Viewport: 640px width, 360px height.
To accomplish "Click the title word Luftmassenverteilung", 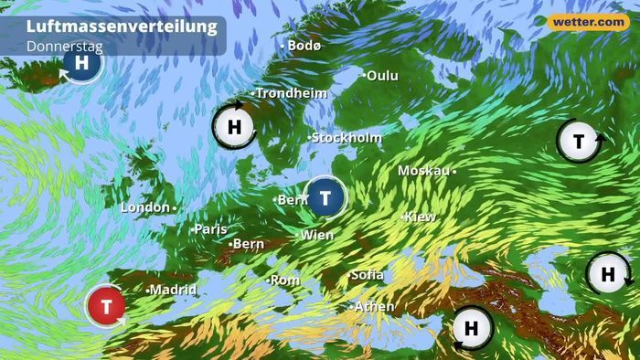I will click(x=122, y=26).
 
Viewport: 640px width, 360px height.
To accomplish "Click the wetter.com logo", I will click(x=588, y=21).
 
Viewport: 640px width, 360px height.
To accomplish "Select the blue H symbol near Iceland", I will click(x=82, y=63).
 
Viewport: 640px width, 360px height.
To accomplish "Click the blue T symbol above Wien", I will click(x=325, y=198).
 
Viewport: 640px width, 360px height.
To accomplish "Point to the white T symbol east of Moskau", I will click(x=579, y=141).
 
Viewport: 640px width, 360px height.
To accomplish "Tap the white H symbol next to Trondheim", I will click(x=234, y=127).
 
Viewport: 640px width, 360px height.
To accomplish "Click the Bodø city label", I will click(x=304, y=45).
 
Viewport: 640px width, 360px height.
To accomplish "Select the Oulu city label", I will click(x=382, y=76).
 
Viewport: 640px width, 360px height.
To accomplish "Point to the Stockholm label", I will click(x=347, y=138).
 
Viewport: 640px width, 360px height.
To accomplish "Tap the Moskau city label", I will click(x=424, y=171).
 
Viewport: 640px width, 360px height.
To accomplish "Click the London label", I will click(x=146, y=207).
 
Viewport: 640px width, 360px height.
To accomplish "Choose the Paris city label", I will click(x=211, y=228).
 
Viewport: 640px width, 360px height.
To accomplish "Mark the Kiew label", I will click(x=421, y=217).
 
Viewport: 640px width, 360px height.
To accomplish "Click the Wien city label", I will click(x=317, y=235).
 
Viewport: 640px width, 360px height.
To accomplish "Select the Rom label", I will click(x=285, y=280).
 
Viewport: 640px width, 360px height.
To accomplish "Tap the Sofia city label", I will click(x=368, y=275).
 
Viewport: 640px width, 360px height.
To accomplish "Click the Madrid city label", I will click(x=173, y=290).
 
